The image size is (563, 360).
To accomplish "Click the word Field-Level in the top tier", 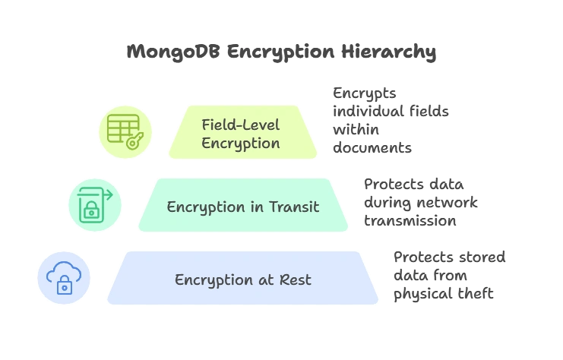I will click(x=240, y=124).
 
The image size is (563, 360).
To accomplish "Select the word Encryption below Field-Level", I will click(x=240, y=143).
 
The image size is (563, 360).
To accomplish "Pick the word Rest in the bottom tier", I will click(x=297, y=279).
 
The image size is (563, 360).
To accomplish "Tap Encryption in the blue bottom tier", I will click(x=214, y=279).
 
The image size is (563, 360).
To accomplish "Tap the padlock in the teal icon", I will click(x=90, y=210).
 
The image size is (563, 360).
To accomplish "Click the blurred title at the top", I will click(x=280, y=52).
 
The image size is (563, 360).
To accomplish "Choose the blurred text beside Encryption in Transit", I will click(x=422, y=203).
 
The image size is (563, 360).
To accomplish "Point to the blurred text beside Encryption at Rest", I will click(x=448, y=276).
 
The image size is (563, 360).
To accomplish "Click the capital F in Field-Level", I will click(x=205, y=124).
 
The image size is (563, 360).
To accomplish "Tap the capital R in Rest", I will click(x=287, y=279).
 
